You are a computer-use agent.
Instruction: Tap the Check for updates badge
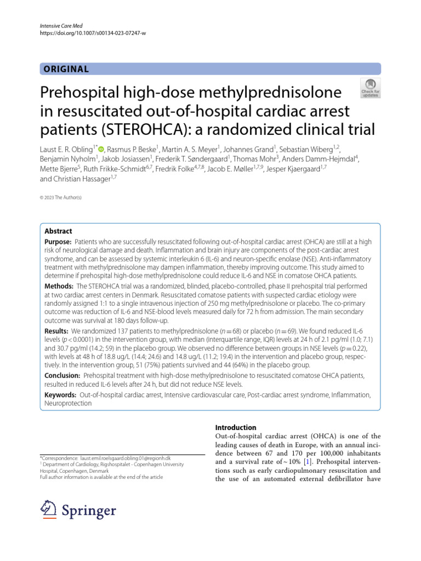click(x=369, y=88)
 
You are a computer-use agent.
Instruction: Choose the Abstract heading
click(x=58, y=231)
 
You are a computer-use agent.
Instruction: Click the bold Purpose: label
click(x=58, y=242)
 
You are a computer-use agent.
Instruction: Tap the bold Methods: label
click(x=59, y=286)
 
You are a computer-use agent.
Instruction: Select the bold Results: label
click(x=56, y=331)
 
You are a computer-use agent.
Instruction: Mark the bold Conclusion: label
click(x=62, y=376)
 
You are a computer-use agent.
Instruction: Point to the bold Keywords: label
click(x=61, y=394)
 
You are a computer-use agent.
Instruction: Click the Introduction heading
click(x=236, y=427)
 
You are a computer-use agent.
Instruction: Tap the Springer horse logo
click(x=51, y=511)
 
